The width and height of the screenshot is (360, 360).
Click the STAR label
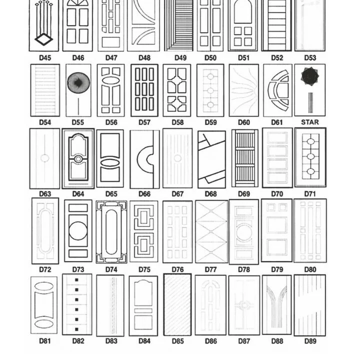[310, 122]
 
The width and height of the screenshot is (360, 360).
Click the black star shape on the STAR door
[310, 76]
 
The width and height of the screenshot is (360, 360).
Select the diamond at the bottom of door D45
[44, 39]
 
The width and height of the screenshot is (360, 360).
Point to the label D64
[78, 194]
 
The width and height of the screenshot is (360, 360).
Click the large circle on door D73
[78, 230]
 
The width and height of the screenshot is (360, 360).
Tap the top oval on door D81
[44, 286]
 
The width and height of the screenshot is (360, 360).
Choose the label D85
[177, 341]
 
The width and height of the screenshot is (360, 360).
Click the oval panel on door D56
[111, 80]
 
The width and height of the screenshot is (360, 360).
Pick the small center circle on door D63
[45, 158]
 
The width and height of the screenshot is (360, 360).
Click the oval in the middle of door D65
[110, 162]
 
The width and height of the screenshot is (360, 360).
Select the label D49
[180, 58]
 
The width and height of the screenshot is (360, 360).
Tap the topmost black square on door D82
[76, 280]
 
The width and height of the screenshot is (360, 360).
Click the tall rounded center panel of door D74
[111, 232]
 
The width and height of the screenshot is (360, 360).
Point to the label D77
[210, 269]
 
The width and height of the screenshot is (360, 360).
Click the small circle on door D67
[177, 158]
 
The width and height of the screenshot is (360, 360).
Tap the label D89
[310, 341]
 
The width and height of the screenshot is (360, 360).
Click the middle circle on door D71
[310, 156]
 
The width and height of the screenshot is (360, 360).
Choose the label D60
[243, 122]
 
